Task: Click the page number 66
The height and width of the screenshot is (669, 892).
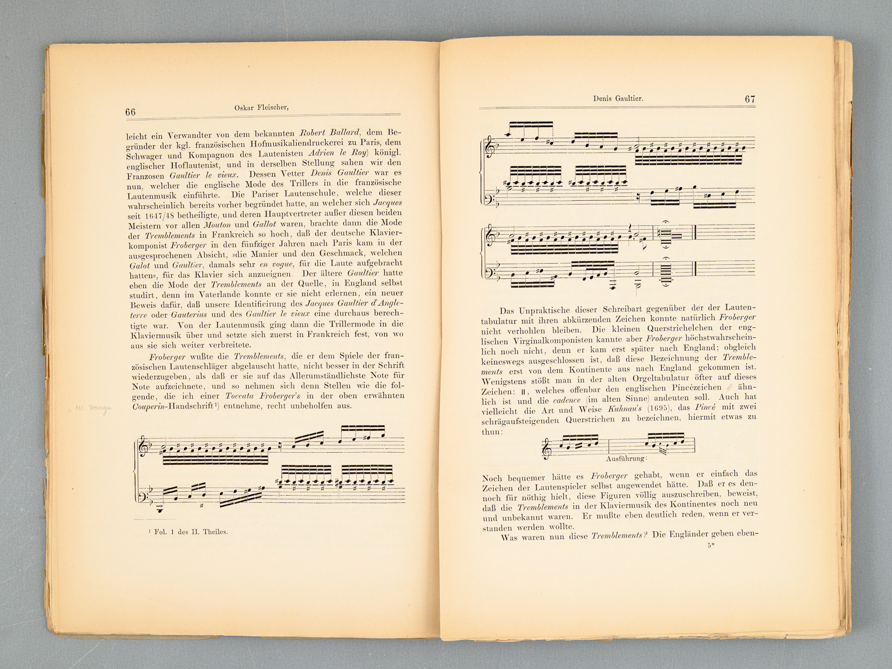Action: pos(130,112)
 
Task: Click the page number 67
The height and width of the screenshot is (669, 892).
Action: pos(750,99)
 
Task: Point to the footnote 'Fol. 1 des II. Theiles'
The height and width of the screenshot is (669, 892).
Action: pos(190,531)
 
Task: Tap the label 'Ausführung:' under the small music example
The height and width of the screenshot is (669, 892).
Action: pos(626,458)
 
